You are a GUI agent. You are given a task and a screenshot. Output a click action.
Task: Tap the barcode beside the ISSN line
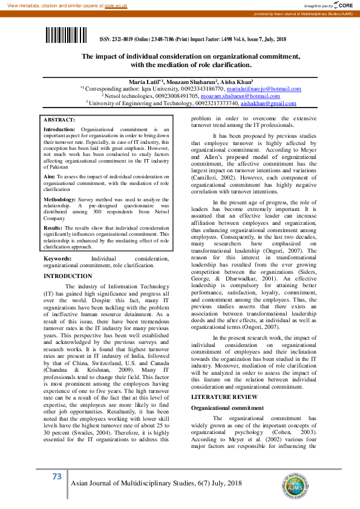pos(69,36)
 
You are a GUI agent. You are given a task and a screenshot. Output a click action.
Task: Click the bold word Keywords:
pos(57,258)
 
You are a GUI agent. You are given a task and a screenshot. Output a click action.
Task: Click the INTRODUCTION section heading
pos(68,276)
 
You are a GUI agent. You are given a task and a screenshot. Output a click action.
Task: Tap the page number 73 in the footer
pos(57,477)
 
